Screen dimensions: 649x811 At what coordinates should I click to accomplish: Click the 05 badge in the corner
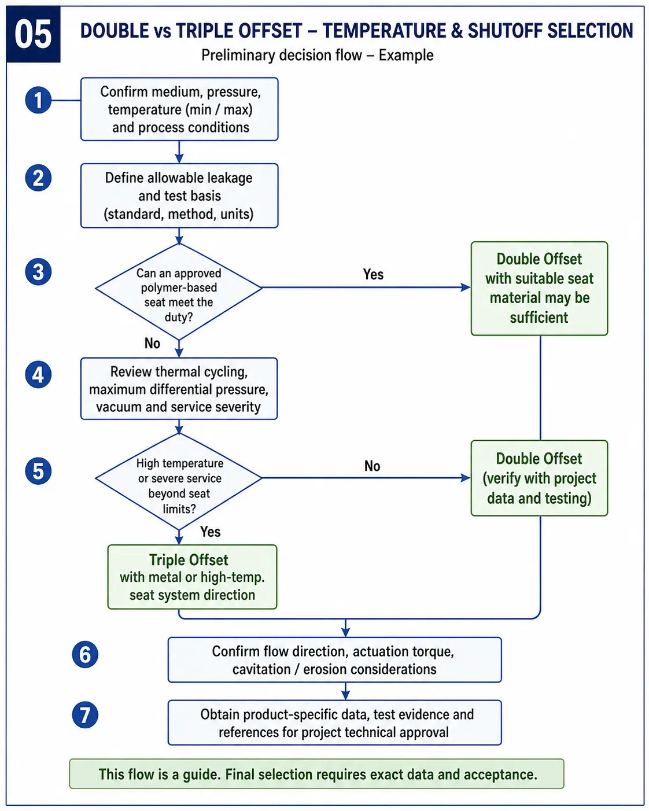[33, 34]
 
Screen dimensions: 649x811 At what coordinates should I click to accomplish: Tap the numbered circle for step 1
[38, 100]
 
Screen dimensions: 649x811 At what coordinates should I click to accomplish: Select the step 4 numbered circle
[38, 375]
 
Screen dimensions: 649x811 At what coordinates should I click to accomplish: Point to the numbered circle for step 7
[85, 714]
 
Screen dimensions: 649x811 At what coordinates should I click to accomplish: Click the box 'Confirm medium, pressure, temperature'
[179, 109]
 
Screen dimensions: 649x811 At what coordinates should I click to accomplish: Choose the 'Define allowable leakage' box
[179, 196]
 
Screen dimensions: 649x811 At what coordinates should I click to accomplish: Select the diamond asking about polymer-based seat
[179, 292]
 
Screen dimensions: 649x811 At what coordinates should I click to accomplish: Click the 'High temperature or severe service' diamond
[179, 482]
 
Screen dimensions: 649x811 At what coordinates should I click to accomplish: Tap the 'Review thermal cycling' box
[179, 389]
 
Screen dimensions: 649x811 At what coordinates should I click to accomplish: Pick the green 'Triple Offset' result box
[192, 577]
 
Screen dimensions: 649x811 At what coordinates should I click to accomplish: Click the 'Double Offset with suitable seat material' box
[539, 288]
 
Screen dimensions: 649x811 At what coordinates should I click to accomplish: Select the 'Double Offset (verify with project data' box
[539, 478]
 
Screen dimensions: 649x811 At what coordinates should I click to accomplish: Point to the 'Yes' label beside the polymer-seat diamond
[373, 274]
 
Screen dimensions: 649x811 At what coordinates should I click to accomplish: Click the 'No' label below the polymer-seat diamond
[152, 344]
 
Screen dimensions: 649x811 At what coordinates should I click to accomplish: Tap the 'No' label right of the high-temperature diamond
[373, 466]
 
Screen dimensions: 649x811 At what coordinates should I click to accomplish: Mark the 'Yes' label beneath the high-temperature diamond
[211, 532]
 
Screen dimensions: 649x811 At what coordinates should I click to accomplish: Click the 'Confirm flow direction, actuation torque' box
[335, 660]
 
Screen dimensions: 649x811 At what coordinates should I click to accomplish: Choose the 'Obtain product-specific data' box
[335, 723]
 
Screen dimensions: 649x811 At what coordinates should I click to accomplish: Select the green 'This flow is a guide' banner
[316, 774]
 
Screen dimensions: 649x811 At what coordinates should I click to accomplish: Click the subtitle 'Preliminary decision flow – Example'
[318, 56]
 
